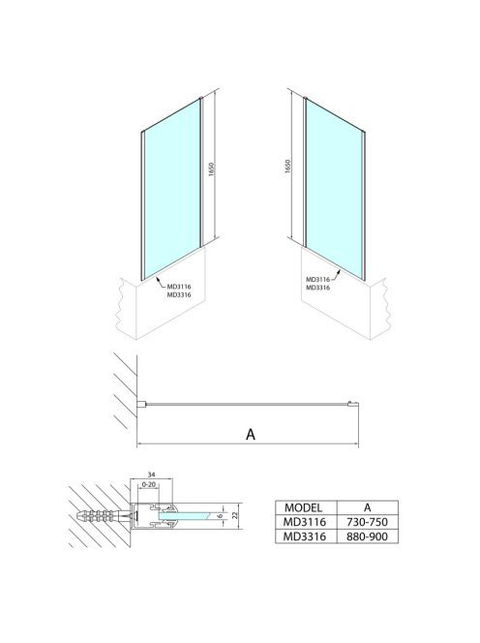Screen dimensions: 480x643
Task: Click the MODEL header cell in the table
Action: click(303, 507)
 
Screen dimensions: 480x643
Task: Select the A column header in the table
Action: click(368, 507)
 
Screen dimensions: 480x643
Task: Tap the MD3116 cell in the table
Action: click(304, 522)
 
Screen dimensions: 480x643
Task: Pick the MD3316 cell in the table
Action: click(304, 536)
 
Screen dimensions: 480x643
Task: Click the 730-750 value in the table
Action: click(367, 522)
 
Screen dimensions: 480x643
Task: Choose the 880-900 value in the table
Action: click(367, 536)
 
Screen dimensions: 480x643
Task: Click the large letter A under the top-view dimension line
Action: click(251, 434)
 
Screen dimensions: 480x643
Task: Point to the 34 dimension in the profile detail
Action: click(151, 475)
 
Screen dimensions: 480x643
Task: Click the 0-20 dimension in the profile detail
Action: click(148, 484)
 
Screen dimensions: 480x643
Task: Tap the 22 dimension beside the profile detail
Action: click(235, 515)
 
